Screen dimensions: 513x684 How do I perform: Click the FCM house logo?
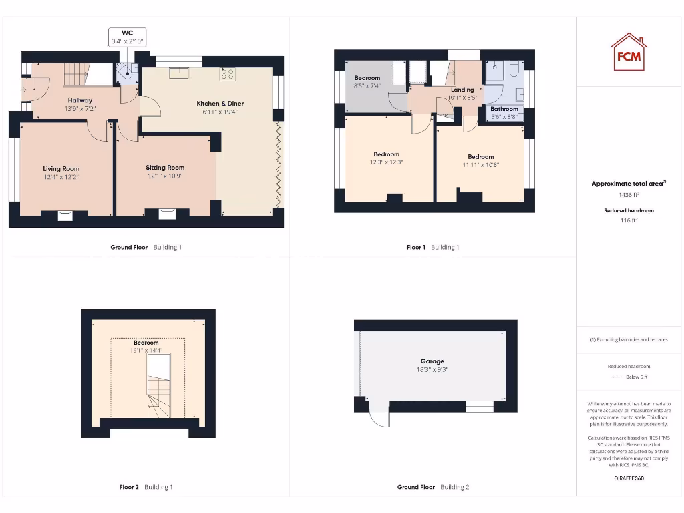pyautogui.click(x=629, y=52)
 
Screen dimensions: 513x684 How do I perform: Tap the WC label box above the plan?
pyautogui.click(x=127, y=37)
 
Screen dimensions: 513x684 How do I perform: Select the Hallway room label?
pyautogui.click(x=79, y=100)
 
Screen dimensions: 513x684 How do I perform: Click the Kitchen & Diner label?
pyautogui.click(x=220, y=104)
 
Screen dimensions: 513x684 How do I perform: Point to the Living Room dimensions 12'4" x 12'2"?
pyautogui.click(x=61, y=177)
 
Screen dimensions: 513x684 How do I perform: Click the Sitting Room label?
pyautogui.click(x=165, y=168)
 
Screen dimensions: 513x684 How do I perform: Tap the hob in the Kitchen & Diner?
pyautogui.click(x=227, y=75)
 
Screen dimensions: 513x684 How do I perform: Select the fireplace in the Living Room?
pyautogui.click(x=65, y=214)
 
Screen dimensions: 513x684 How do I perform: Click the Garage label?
pyautogui.click(x=432, y=361)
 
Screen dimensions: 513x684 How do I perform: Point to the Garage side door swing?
pyautogui.click(x=378, y=418)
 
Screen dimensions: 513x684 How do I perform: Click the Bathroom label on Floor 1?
pyautogui.click(x=504, y=109)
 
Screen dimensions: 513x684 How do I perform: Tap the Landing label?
pyautogui.click(x=462, y=90)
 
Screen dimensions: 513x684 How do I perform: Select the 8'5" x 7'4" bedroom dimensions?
pyautogui.click(x=367, y=85)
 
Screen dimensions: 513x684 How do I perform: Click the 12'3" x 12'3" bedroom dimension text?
pyautogui.click(x=386, y=162)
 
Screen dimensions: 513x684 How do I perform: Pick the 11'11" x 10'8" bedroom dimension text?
pyautogui.click(x=480, y=165)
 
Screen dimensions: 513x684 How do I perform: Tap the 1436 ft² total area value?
pyautogui.click(x=629, y=195)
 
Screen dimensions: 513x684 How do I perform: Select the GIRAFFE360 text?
pyautogui.click(x=629, y=478)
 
